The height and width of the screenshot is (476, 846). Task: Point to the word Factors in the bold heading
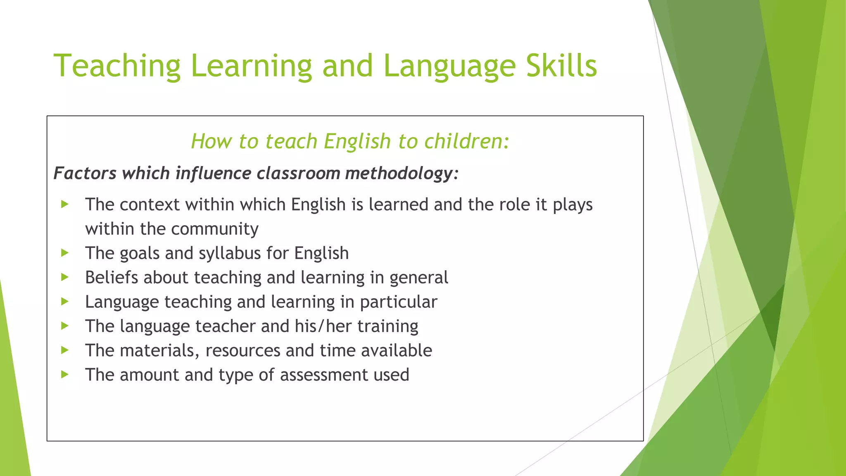pos(85,173)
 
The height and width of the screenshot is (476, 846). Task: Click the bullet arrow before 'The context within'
pos(64,204)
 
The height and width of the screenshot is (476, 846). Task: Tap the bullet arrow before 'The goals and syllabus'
pos(64,253)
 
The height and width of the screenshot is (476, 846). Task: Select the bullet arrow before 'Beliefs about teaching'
pos(64,277)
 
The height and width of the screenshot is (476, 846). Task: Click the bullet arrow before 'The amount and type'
pos(64,375)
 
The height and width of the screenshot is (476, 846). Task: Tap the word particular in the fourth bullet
pos(398,302)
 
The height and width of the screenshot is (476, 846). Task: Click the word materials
pos(160,350)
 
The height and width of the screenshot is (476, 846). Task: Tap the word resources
pos(243,350)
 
